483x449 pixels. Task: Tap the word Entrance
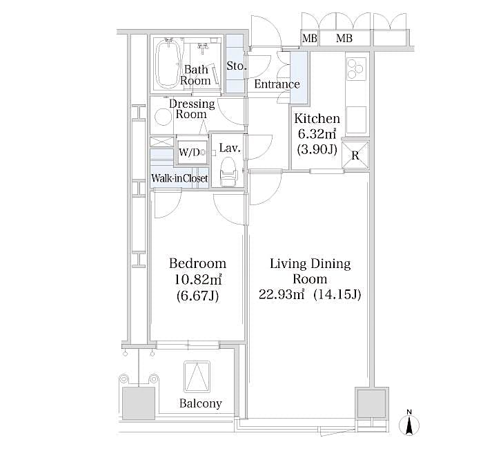277,84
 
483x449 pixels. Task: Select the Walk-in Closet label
179,178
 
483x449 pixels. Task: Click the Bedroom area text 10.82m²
198,280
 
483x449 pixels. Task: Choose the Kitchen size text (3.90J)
317,149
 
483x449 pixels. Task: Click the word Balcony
201,403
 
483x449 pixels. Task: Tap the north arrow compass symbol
409,423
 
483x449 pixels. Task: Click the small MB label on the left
309,39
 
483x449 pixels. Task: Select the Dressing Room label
192,109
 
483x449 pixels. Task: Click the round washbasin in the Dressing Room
163,117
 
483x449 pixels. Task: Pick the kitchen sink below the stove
356,120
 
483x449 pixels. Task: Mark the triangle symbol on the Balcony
197,378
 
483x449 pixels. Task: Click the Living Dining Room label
310,271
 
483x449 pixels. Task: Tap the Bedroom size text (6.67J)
198,296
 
